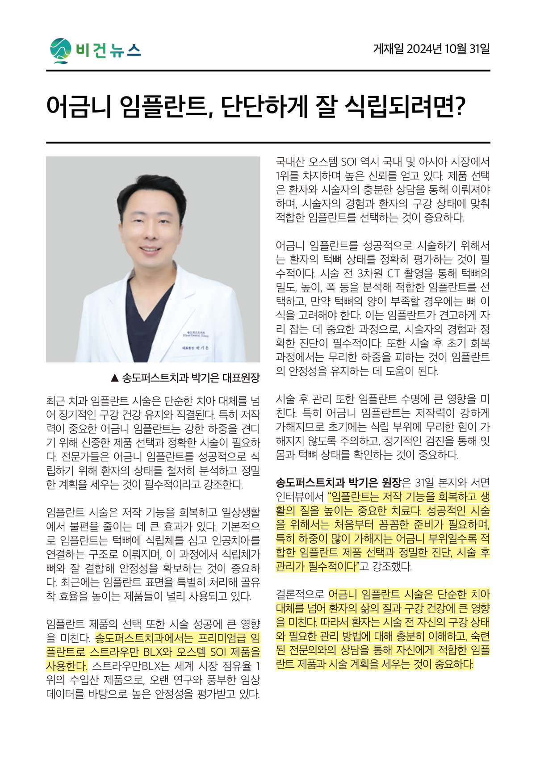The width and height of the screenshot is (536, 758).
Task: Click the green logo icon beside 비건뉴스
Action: click(x=61, y=50)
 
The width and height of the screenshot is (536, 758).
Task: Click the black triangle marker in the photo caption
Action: click(x=114, y=378)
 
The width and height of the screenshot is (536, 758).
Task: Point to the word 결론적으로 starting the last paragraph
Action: click(x=300, y=594)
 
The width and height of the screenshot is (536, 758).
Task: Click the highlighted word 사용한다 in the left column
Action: click(x=66, y=666)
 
